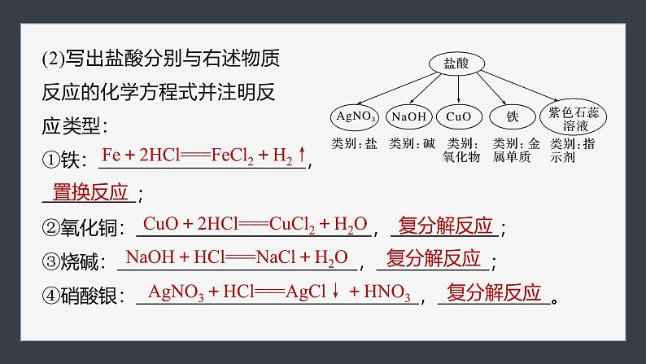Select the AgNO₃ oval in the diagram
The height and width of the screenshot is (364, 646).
click(x=355, y=116)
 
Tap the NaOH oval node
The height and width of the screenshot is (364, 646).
click(x=408, y=116)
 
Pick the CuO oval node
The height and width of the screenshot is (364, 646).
click(x=459, y=116)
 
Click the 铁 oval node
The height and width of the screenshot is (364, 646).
click(x=512, y=116)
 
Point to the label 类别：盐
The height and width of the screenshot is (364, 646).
click(x=355, y=143)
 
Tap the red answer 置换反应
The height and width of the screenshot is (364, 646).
click(x=90, y=192)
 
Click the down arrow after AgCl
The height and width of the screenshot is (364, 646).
click(x=334, y=292)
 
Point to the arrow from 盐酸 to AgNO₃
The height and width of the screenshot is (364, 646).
click(x=392, y=88)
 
